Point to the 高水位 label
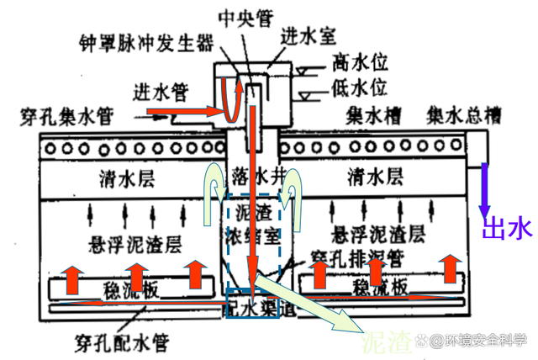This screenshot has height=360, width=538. (x=359, y=62)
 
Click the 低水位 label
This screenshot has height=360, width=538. (x=359, y=87)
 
